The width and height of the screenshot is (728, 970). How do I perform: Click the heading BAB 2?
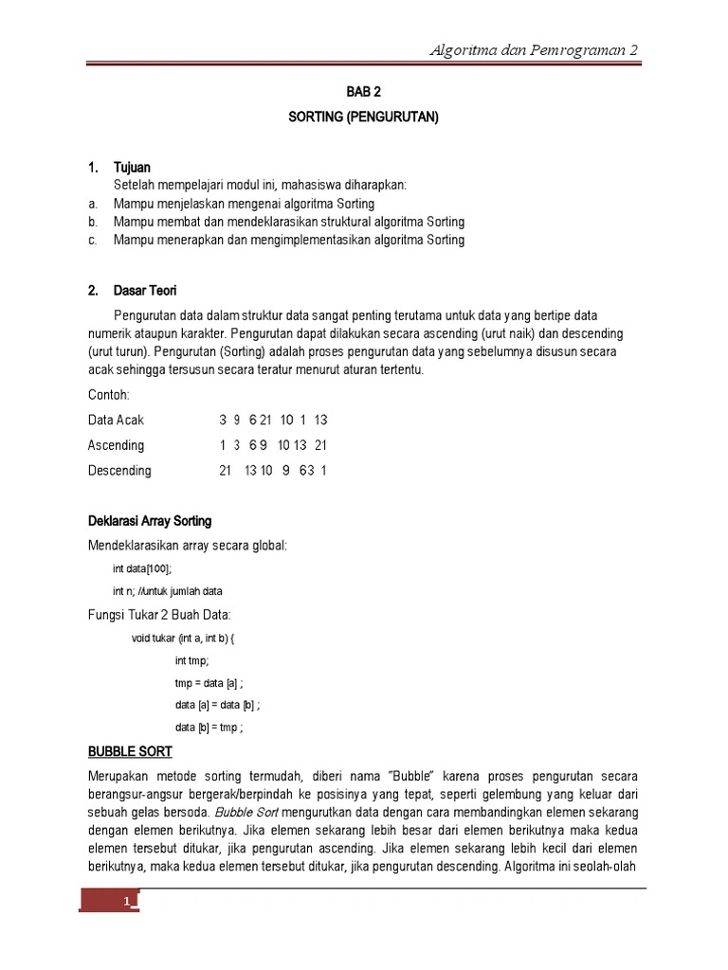click(364, 93)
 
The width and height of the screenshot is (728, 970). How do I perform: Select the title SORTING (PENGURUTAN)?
click(364, 117)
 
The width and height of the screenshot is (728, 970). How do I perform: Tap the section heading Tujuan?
click(132, 168)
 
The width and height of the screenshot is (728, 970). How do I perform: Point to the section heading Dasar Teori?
click(145, 290)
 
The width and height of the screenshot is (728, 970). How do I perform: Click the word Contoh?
click(109, 394)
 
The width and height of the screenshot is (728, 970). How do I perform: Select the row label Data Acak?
click(117, 420)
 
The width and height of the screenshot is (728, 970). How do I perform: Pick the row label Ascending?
click(117, 445)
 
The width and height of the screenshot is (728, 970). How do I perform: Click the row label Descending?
click(119, 471)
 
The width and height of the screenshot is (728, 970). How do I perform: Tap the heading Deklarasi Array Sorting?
click(150, 521)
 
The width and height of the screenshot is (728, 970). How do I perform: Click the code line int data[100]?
click(143, 569)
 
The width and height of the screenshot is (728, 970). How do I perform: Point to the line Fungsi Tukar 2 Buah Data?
click(159, 615)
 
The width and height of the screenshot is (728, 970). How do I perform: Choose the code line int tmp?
click(192, 660)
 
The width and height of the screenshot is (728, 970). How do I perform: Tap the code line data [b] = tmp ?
click(209, 727)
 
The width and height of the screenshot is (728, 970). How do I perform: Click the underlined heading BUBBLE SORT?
click(130, 751)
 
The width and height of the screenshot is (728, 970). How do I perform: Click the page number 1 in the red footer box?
click(125, 902)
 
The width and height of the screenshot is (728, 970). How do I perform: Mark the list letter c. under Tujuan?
click(92, 240)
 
